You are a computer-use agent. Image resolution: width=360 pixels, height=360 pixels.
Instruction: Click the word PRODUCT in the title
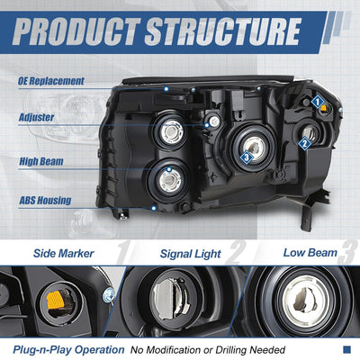pyautogui.click(x=76, y=31)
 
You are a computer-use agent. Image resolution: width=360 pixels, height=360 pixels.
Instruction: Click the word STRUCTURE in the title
pyautogui.click(x=223, y=31)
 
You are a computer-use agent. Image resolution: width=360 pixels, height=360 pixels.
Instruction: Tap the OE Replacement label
pyautogui.click(x=51, y=81)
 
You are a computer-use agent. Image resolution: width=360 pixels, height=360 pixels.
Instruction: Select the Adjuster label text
pyautogui.click(x=37, y=117)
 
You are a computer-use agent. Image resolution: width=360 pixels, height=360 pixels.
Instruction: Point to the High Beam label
pyautogui.click(x=41, y=162)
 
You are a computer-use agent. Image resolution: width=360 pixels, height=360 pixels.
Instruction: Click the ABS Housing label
pyautogui.click(x=45, y=201)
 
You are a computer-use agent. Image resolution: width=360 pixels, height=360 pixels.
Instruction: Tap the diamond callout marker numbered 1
pyautogui.click(x=317, y=102)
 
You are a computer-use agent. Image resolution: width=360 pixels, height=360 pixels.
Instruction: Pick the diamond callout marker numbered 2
pyautogui.click(x=304, y=143)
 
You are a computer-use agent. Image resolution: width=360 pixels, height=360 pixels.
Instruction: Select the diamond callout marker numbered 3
pyautogui.click(x=247, y=157)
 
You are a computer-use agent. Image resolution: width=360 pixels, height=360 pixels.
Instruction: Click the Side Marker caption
pyautogui.click(x=64, y=254)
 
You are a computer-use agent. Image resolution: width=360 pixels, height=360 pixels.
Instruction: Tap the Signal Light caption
pyautogui.click(x=191, y=254)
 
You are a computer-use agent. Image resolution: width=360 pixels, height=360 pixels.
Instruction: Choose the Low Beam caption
pyautogui.click(x=310, y=253)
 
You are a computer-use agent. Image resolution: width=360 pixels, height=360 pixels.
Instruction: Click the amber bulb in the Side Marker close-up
pyautogui.click(x=56, y=300)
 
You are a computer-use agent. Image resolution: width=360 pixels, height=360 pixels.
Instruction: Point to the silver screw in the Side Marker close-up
pyautogui.click(x=108, y=295)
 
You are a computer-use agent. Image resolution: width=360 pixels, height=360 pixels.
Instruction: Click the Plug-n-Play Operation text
pyautogui.click(x=68, y=350)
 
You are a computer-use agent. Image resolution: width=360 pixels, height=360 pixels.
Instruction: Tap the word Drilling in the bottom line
pyautogui.click(x=231, y=350)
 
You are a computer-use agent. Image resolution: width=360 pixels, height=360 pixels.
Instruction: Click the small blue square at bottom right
pyautogui.click(x=346, y=349)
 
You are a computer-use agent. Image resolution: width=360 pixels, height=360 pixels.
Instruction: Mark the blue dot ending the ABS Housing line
pyautogui.click(x=154, y=208)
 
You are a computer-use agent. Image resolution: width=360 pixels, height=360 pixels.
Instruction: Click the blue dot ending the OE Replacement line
pyautogui.click(x=166, y=89)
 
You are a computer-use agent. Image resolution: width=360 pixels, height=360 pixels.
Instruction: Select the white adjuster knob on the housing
pyautogui.click(x=214, y=121)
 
